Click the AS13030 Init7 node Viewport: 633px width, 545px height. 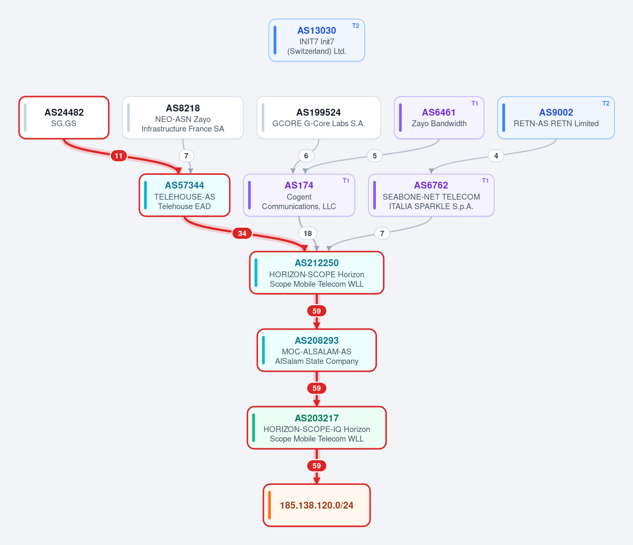coord(317,40)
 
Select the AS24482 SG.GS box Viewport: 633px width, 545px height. coord(64,117)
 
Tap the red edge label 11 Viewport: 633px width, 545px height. coord(119,156)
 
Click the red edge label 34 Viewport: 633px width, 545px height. coord(242,233)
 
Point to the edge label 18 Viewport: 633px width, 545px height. coord(308,233)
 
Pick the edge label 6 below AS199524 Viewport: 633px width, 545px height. coord(306,156)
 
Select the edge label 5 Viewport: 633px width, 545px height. coord(375,156)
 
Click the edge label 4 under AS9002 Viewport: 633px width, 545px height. coord(496,156)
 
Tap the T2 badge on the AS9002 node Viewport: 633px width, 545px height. coord(606,104)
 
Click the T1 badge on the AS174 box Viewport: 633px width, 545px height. coord(346,181)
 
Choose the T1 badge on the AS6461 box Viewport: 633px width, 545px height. coord(475,104)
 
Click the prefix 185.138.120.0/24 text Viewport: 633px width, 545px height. coord(317,505)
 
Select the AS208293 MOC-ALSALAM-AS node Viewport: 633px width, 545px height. coord(317,350)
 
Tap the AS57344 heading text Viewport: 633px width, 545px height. coord(184,185)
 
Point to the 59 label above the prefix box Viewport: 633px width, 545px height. coord(317,466)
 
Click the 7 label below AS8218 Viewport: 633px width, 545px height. coord(186,156)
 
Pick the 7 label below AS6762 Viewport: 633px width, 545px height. coord(382,233)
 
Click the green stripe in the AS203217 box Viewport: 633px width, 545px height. coord(253,428)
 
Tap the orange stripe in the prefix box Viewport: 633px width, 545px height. coord(269,505)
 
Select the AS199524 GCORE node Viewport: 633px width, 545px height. coord(318,117)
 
